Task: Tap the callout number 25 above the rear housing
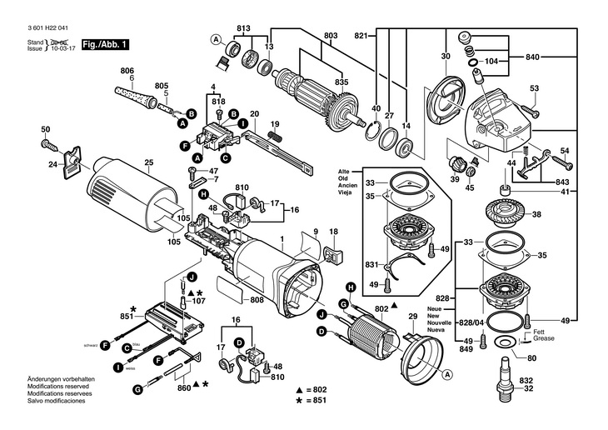click(148, 162)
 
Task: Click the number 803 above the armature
click(331, 35)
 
